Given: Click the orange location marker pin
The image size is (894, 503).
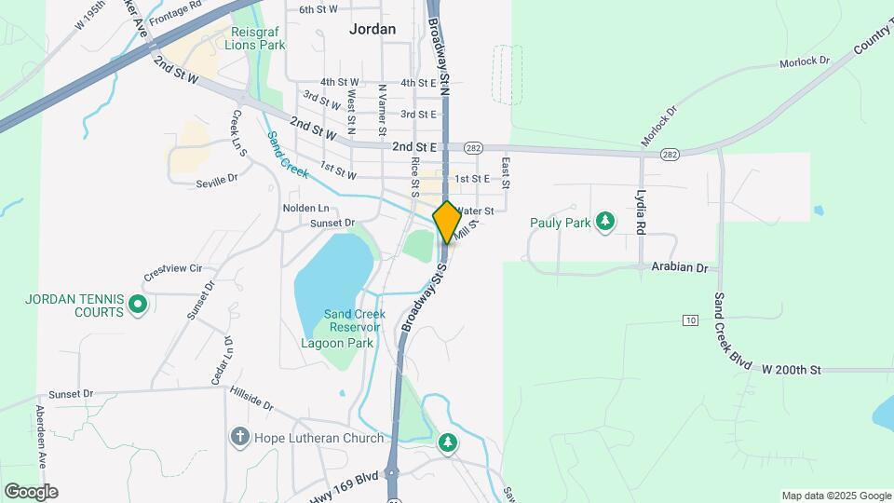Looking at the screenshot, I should pos(447,222).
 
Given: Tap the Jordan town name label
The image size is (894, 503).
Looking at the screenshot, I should pos(372,29).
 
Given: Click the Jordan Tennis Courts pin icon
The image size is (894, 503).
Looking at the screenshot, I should pos(137,305).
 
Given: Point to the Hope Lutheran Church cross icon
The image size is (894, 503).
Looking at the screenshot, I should pos(239,437).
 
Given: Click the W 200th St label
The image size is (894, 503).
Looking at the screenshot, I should pos(792,370).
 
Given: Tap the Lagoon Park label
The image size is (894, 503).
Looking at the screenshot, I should pos(337,343).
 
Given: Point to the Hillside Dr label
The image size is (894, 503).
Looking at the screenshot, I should pos(251,401).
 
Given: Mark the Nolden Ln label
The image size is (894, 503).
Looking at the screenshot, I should pos(306,208).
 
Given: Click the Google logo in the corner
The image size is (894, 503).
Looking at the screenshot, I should pos(31,492).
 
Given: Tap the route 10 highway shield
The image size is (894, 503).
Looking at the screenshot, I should pos(690,320).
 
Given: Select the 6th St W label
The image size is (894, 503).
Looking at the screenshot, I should pos(318,10).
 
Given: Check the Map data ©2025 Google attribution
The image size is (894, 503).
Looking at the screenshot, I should pos(836,496).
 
